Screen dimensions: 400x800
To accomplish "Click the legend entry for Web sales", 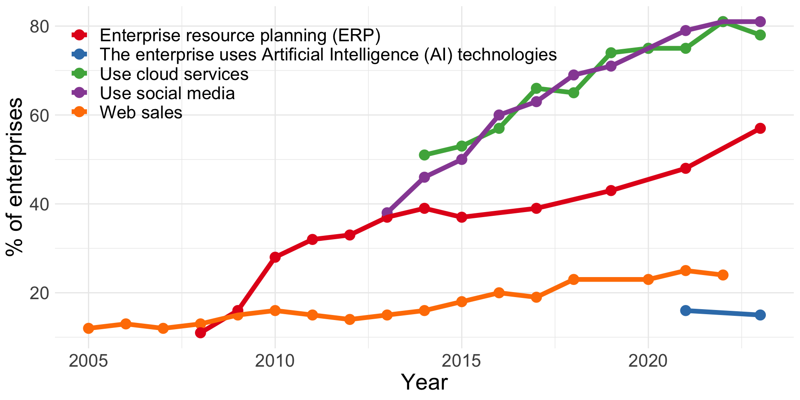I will (141, 112).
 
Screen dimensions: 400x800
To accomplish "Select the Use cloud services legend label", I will (174, 74).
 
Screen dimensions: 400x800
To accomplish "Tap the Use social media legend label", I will (167, 93).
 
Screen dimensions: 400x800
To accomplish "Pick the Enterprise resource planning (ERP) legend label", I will (240, 36).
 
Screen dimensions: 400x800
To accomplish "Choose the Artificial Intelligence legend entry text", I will (328, 55).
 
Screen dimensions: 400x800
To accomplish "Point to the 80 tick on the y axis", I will (40, 26).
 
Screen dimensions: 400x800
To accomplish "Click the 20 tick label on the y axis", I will (40, 293).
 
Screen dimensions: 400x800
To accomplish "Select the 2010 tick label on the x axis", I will (275, 361).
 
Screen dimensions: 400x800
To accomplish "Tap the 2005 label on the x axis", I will (88, 361).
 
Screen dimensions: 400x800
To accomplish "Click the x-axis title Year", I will (424, 382).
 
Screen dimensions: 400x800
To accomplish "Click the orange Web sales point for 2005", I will (88, 328).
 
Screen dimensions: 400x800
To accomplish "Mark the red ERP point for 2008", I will (200, 332).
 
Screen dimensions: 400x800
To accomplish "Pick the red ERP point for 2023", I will (760, 128).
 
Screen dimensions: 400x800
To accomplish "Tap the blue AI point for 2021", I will (685, 310).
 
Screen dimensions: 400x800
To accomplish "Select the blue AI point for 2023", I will (760, 315).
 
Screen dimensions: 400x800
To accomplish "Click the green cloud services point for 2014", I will (424, 155).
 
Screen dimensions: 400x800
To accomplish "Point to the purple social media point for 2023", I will (760, 22).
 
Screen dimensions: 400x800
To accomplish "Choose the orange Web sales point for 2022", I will (723, 275).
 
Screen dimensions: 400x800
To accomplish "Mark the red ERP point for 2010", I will (275, 257).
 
